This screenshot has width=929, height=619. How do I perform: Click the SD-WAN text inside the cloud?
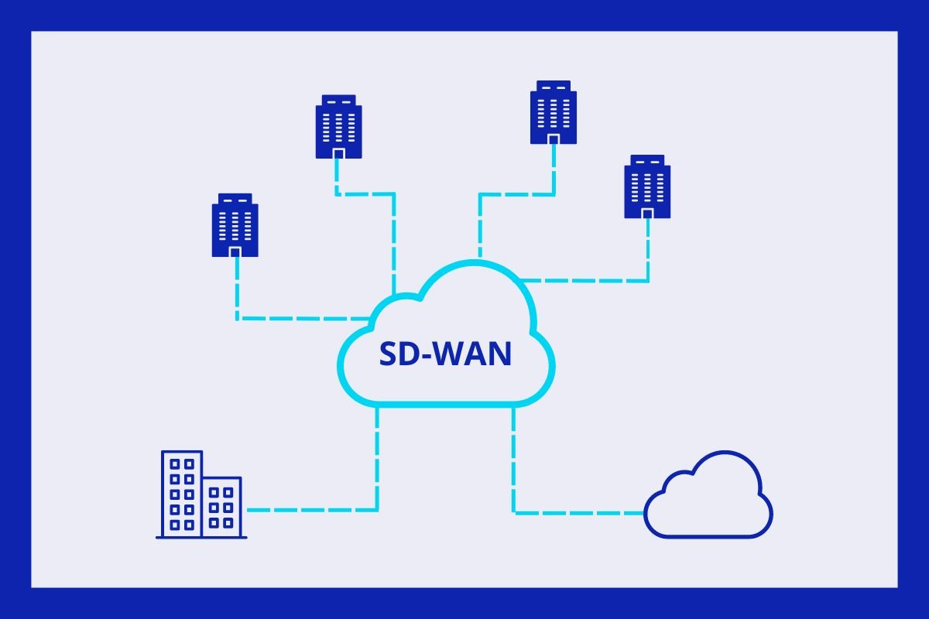pos(445,354)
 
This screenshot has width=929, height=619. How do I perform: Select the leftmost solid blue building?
pos(235,225)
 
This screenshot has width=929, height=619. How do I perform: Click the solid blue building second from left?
pos(338,127)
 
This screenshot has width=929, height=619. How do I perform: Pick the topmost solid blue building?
pos(554,112)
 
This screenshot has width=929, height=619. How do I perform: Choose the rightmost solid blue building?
pos(648,186)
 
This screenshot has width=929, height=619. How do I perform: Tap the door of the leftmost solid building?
pos(235,251)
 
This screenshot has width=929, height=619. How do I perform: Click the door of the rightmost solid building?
pos(648,213)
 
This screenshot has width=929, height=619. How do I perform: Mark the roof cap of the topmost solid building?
pos(554,84)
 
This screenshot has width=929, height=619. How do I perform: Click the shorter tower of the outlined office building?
pos(222,507)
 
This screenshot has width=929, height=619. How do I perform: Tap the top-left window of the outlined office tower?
pos(175,465)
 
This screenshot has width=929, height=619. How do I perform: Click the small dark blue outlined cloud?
pos(708,499)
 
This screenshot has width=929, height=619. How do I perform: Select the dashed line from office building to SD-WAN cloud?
pos(325,510)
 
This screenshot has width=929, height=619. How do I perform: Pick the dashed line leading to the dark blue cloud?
pos(573,511)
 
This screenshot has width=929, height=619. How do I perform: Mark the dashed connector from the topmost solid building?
pos(515,194)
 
